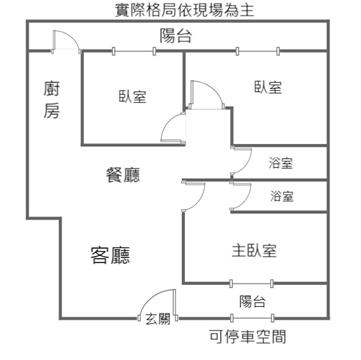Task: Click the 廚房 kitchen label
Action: click(52, 100)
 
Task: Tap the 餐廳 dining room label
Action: click(122, 174)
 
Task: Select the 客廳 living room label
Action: click(110, 256)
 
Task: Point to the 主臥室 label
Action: click(254, 250)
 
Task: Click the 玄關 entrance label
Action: click(158, 319)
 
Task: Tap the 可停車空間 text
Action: click(248, 336)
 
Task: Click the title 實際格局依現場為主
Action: click(184, 10)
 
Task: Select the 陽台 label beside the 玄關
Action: click(252, 302)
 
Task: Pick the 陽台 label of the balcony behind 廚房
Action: click(176, 36)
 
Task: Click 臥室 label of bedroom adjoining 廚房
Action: click(132, 96)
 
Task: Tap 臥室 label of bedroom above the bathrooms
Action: click(268, 87)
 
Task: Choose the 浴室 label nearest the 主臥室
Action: click(282, 196)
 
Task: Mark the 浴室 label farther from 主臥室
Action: click(281, 163)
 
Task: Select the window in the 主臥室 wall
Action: click(252, 284)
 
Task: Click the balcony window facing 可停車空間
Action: click(252, 317)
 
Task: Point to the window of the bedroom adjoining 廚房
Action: click(134, 51)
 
